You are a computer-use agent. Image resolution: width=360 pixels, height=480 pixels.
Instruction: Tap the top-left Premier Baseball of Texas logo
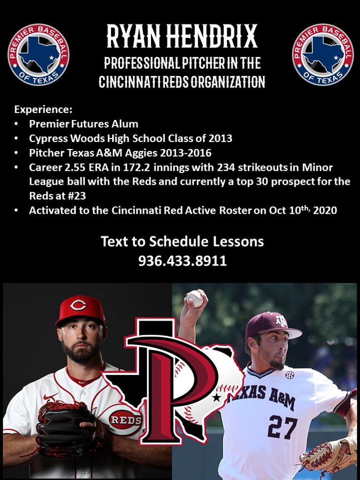pos(38,55)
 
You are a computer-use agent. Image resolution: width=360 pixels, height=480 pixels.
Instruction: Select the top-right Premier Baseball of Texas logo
pos(323,55)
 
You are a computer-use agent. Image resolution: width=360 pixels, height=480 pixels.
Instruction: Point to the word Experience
pos(43,110)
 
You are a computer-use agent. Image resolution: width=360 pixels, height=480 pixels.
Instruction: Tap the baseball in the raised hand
pos(194,299)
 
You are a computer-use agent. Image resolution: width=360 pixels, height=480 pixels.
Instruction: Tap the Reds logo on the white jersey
pos(125,419)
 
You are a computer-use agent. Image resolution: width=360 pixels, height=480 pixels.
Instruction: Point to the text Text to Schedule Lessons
pos(182,242)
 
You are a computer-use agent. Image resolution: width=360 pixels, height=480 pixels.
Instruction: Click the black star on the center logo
pos(216,398)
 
